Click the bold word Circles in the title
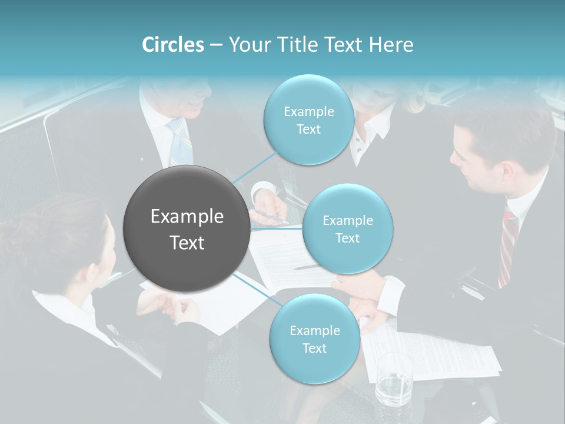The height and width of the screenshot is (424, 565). (x=172, y=45)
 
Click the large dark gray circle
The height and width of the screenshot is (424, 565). (x=187, y=228)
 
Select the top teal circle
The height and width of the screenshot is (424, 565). (x=308, y=120)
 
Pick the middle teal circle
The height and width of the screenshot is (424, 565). (x=347, y=228)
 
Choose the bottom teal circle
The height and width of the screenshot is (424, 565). (x=314, y=339)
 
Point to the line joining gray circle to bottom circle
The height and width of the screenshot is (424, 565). (x=258, y=290)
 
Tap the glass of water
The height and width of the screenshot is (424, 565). (x=394, y=380)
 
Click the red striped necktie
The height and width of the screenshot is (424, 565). (x=507, y=247)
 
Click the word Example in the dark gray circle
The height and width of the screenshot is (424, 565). (x=187, y=217)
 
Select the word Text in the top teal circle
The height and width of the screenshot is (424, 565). (x=308, y=130)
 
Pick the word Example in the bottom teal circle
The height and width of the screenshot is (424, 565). (x=314, y=330)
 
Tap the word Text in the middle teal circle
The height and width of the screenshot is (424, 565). (x=347, y=238)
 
